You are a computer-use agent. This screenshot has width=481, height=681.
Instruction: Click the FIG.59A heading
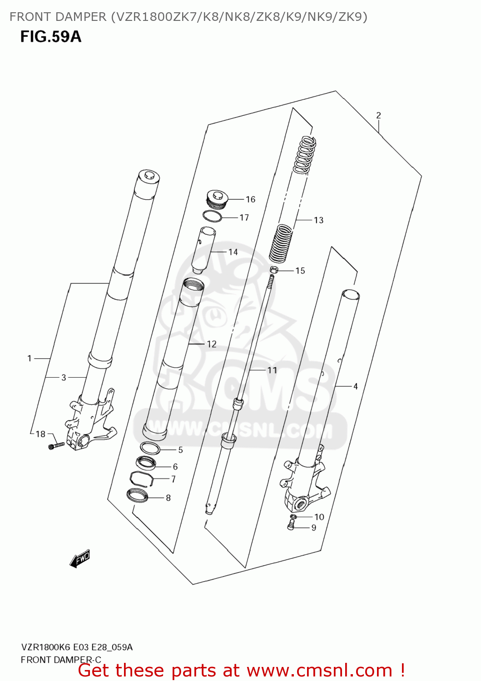pyautogui.click(x=50, y=37)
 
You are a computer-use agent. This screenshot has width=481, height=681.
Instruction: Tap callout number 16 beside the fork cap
pyautogui.click(x=250, y=199)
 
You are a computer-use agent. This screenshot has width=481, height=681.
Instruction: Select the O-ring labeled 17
pyautogui.click(x=212, y=217)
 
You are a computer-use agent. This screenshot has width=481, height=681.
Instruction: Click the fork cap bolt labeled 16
pyautogui.click(x=216, y=199)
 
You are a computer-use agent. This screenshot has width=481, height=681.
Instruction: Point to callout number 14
pyautogui.click(x=233, y=252)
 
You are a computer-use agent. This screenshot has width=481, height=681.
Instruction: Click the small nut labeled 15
pyautogui.click(x=273, y=271)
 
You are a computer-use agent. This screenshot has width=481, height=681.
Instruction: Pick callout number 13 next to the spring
pyautogui.click(x=318, y=220)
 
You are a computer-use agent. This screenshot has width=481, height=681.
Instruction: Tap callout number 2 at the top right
pyautogui.click(x=378, y=115)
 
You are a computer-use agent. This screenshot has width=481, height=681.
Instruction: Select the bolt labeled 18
pyautogui.click(x=56, y=446)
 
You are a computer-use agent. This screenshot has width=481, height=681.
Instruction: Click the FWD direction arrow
pyautogui.click(x=80, y=559)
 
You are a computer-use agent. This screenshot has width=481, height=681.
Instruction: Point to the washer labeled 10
pyautogui.click(x=293, y=517)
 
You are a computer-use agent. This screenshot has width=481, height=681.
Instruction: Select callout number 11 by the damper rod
pyautogui.click(x=272, y=370)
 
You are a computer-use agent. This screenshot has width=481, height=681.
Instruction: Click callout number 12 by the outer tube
pyautogui.click(x=212, y=344)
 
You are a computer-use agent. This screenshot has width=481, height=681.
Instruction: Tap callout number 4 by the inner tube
pyautogui.click(x=355, y=386)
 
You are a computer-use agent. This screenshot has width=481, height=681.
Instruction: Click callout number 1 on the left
pyautogui.click(x=30, y=359)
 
